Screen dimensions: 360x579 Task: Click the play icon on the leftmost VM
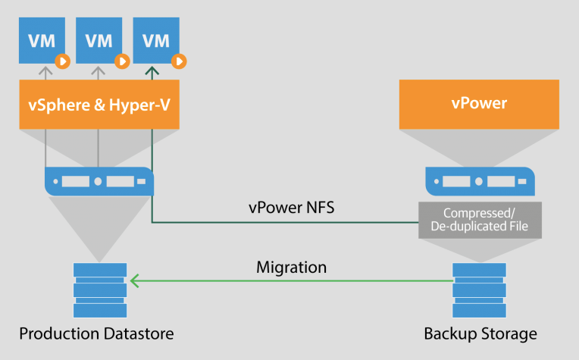click(x=64, y=61)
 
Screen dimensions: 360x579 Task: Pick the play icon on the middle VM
click(x=122, y=61)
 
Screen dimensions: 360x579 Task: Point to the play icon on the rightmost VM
click(x=179, y=61)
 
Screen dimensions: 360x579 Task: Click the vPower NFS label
click(x=291, y=206)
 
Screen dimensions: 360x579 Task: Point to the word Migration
click(x=292, y=268)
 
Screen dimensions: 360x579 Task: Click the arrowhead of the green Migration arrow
click(x=133, y=281)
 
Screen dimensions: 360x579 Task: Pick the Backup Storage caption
click(x=480, y=333)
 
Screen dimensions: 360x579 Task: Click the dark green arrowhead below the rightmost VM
click(x=152, y=73)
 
